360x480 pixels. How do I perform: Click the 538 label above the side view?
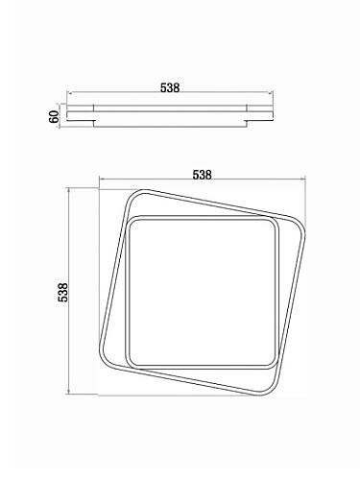170,87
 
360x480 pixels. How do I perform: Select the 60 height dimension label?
54,116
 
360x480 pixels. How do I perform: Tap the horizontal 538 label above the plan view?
202,175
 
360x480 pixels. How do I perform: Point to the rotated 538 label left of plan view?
62,292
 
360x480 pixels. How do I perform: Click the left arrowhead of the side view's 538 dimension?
69,93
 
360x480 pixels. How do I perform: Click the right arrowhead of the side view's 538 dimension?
271,93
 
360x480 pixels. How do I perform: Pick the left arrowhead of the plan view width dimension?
102,180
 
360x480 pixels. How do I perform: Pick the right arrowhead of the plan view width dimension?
303,180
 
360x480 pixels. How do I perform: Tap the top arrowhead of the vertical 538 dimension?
68,191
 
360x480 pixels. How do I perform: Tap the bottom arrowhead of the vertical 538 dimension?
68,393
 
